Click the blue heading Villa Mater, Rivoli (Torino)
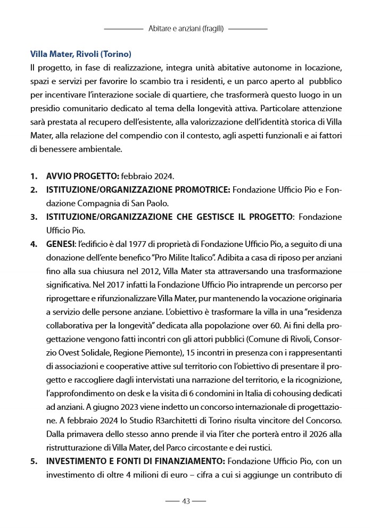pyautogui.click(x=81, y=54)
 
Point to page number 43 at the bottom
pyautogui.click(x=186, y=501)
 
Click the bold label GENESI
pyautogui.click(x=60, y=245)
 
